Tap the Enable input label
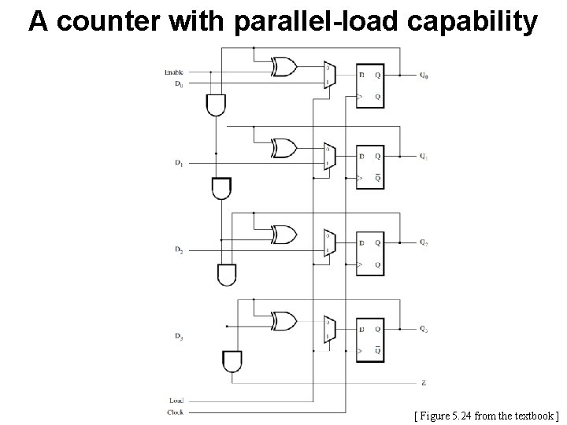174,72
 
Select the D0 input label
178,83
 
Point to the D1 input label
179,163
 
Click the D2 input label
179,249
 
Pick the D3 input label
179,337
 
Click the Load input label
176,401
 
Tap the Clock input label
175,412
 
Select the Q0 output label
424,76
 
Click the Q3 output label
424,328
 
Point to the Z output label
424,383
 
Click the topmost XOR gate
283,68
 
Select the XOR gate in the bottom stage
283,320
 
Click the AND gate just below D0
215,104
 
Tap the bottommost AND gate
233,360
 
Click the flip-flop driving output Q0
370,86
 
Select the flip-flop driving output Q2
370,253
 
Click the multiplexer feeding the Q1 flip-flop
329,157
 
